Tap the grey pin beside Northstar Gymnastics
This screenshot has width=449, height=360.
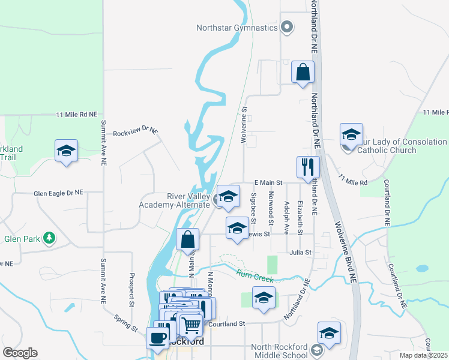(x=287, y=26)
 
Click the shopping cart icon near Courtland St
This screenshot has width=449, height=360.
(x=191, y=325)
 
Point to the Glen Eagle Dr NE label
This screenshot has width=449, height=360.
(x=58, y=193)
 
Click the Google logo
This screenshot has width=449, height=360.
(x=20, y=352)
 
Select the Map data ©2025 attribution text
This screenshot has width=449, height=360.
(x=424, y=355)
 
